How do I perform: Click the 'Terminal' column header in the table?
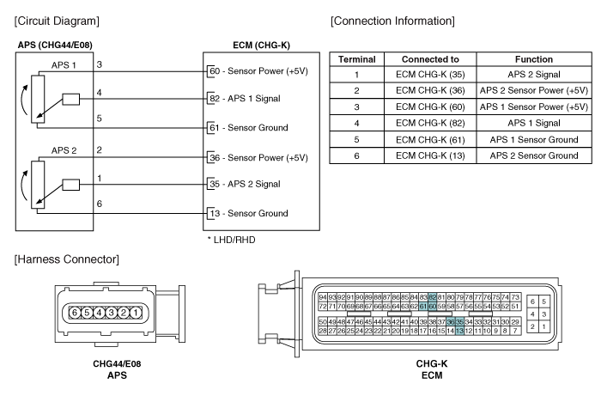[x=357, y=59]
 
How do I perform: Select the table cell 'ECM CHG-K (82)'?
[x=430, y=123]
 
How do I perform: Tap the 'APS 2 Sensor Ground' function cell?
[x=534, y=155]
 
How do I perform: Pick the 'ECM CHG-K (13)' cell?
[x=430, y=155]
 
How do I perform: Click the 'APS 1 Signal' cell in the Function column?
[x=534, y=123]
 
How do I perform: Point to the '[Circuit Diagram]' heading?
[x=57, y=21]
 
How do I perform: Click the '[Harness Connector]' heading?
[x=67, y=259]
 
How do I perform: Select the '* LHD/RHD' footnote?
[x=232, y=240]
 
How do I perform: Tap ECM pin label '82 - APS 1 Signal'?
[x=245, y=99]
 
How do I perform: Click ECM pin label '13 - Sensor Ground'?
[x=249, y=213]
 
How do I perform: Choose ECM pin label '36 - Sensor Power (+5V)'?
[x=258, y=157]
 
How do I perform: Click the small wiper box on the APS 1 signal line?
[x=71, y=100]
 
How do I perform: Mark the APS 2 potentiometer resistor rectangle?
[x=38, y=185]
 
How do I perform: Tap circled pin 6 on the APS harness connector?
[x=75, y=313]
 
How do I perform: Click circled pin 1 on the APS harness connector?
[x=136, y=313]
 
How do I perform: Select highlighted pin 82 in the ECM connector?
[x=433, y=297]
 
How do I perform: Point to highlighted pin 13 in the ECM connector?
[x=459, y=331]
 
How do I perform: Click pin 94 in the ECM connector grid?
[x=323, y=297]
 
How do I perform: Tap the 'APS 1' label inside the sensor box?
[x=64, y=65]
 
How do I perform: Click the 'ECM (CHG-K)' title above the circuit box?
[x=261, y=46]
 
